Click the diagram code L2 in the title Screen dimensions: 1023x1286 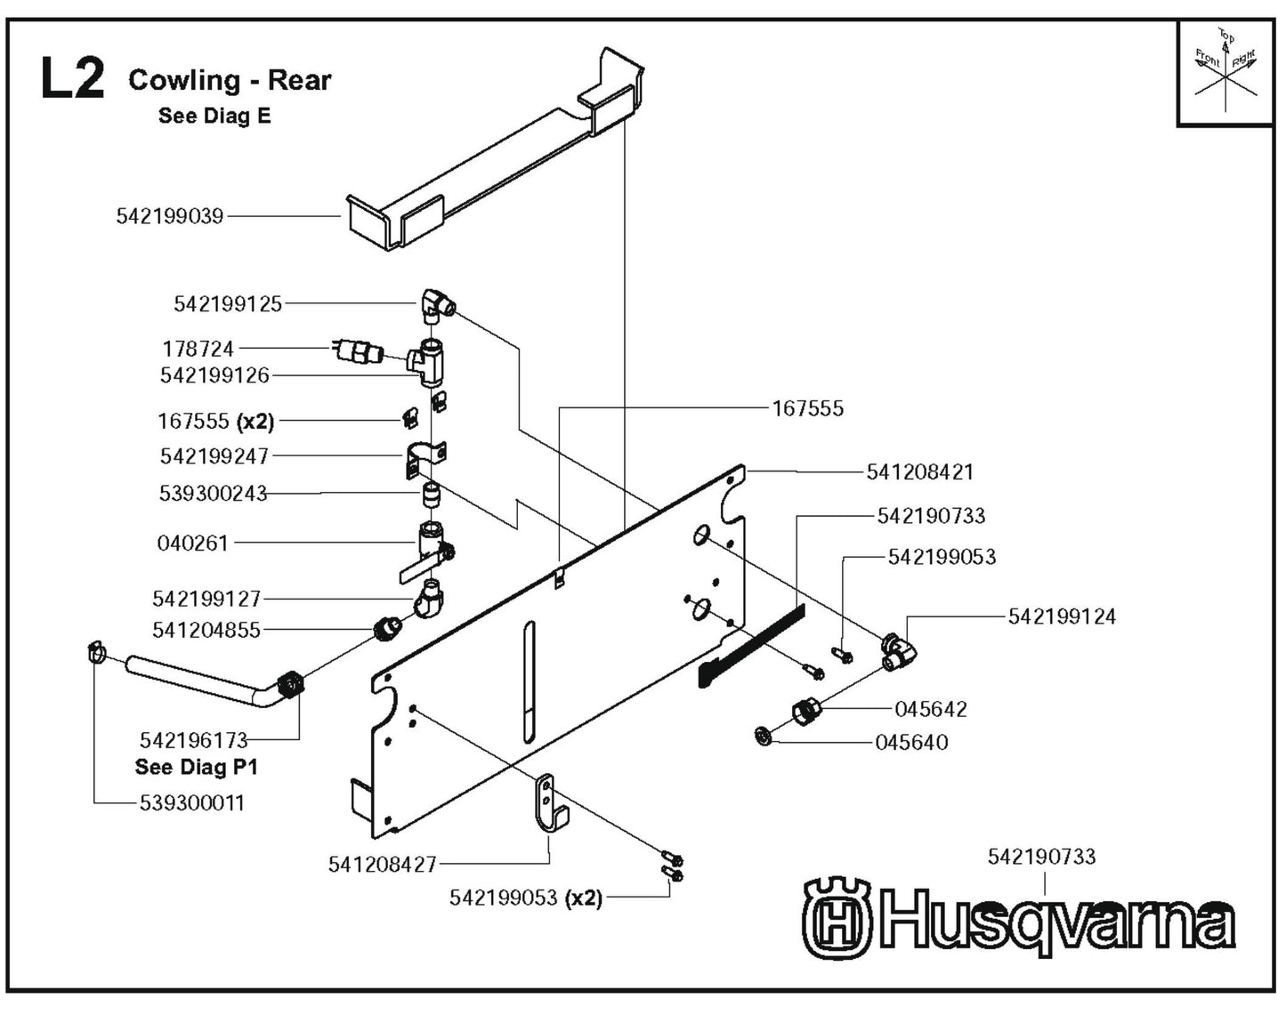(72, 78)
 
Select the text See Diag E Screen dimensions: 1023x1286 (214, 116)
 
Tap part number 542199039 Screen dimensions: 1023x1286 (170, 216)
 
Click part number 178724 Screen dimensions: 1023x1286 (198, 349)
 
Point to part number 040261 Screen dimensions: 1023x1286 (193, 543)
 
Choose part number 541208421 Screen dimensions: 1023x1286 (920, 471)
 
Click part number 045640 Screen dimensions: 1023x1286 (911, 742)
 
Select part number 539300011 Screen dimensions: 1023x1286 (191, 802)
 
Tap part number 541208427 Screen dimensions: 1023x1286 (383, 864)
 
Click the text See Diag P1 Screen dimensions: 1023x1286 (196, 767)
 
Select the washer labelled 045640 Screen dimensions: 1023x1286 (763, 736)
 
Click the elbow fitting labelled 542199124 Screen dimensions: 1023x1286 (899, 649)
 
